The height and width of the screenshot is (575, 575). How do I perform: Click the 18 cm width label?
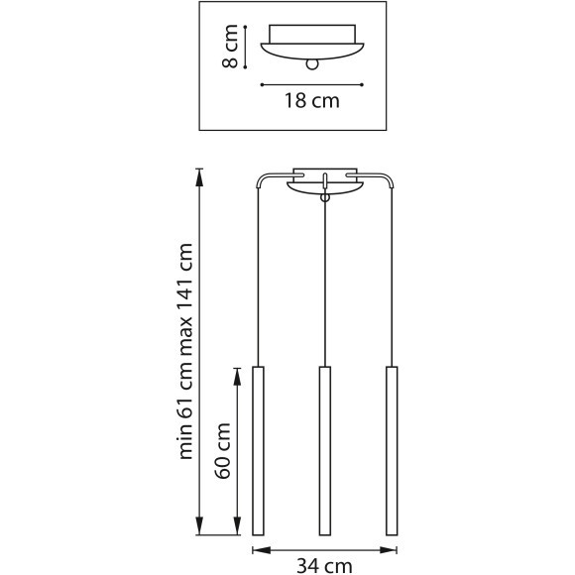coord(311,100)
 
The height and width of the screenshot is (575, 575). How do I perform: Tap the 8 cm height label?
coord(230,48)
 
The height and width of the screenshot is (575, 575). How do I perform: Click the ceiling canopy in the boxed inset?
coord(311,44)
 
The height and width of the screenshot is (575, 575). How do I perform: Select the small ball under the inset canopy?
coord(313,64)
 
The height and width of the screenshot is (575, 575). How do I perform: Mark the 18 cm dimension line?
coord(311,83)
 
